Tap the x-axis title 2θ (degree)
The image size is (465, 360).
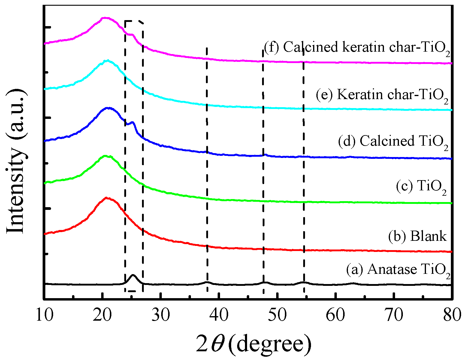click(x=254, y=344)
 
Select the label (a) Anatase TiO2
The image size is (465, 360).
click(x=398, y=269)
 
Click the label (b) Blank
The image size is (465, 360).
click(x=417, y=236)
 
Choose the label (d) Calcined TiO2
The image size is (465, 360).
click(x=393, y=141)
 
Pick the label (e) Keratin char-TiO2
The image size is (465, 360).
click(x=382, y=95)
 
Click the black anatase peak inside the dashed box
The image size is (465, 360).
click(x=133, y=275)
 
